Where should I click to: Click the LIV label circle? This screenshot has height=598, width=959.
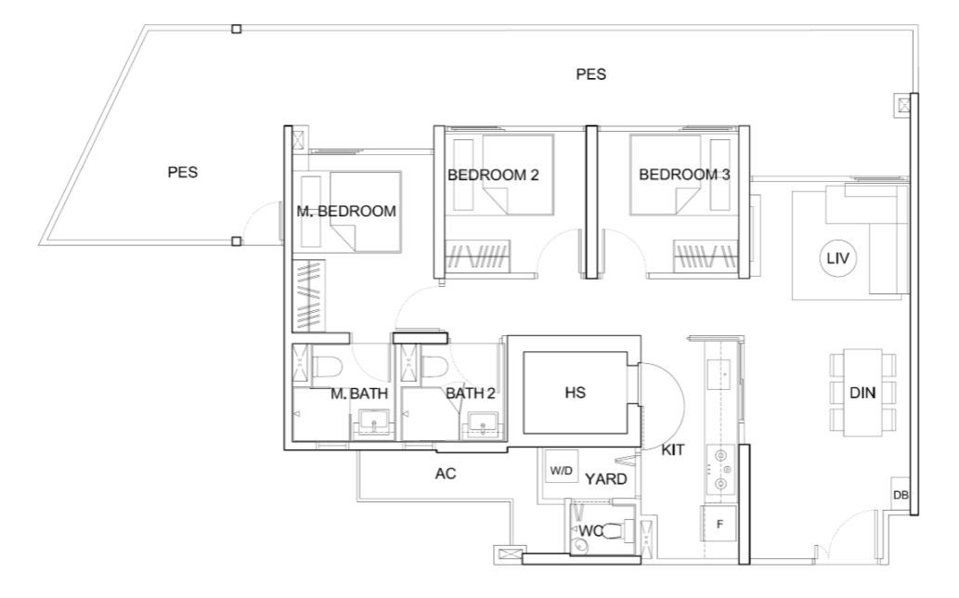pos(837,258)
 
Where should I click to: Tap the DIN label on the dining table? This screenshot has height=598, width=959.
pos(862,393)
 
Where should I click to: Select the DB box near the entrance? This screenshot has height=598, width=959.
pos(901,495)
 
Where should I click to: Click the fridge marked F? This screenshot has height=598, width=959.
pos(719,524)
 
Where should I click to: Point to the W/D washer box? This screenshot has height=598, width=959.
pos(561,470)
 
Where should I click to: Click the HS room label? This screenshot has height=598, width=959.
pos(575,393)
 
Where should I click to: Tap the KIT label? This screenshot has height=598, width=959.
pos(673,450)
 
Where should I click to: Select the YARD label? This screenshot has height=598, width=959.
pos(605,479)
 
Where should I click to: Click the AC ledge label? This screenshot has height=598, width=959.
pos(446,474)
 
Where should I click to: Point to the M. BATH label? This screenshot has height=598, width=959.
pos(359,394)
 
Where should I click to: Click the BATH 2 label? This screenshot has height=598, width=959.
pos(470,393)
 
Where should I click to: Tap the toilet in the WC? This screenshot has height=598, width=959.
pos(621,529)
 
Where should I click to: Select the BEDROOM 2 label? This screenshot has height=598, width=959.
pos(493,175)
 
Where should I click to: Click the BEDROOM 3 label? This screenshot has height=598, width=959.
pos(684,175)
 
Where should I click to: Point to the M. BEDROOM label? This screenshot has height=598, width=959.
pos(346,211)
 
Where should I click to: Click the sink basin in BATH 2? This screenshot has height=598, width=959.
pos(483,423)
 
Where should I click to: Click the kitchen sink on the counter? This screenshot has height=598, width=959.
pos(720,374)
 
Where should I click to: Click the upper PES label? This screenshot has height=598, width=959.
pos(590,74)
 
